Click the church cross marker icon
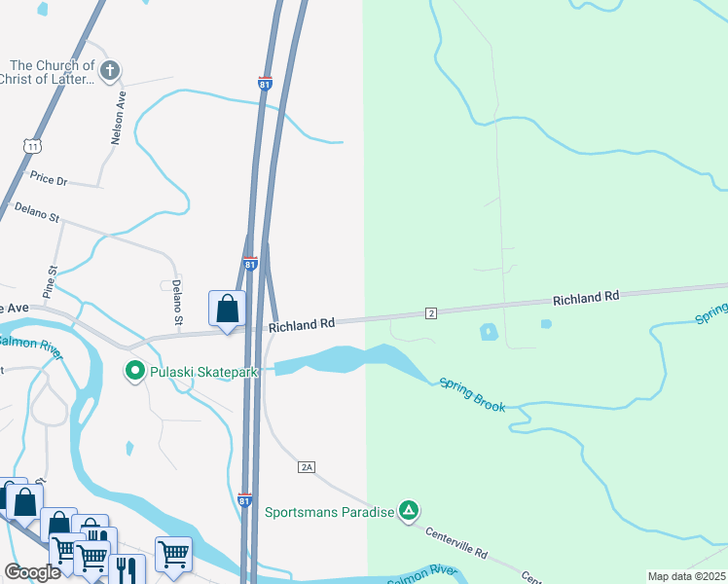point(110,70)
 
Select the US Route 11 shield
point(34,145)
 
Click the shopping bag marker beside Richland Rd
point(227,310)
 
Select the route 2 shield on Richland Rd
point(429,312)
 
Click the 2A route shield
point(307,468)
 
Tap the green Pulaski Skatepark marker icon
point(134,371)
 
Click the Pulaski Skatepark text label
point(196,371)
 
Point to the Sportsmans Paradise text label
point(329,512)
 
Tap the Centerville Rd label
point(455,540)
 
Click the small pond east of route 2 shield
point(489,333)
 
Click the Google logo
point(32,572)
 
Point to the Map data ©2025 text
point(686,576)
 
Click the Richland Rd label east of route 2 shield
point(586,297)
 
